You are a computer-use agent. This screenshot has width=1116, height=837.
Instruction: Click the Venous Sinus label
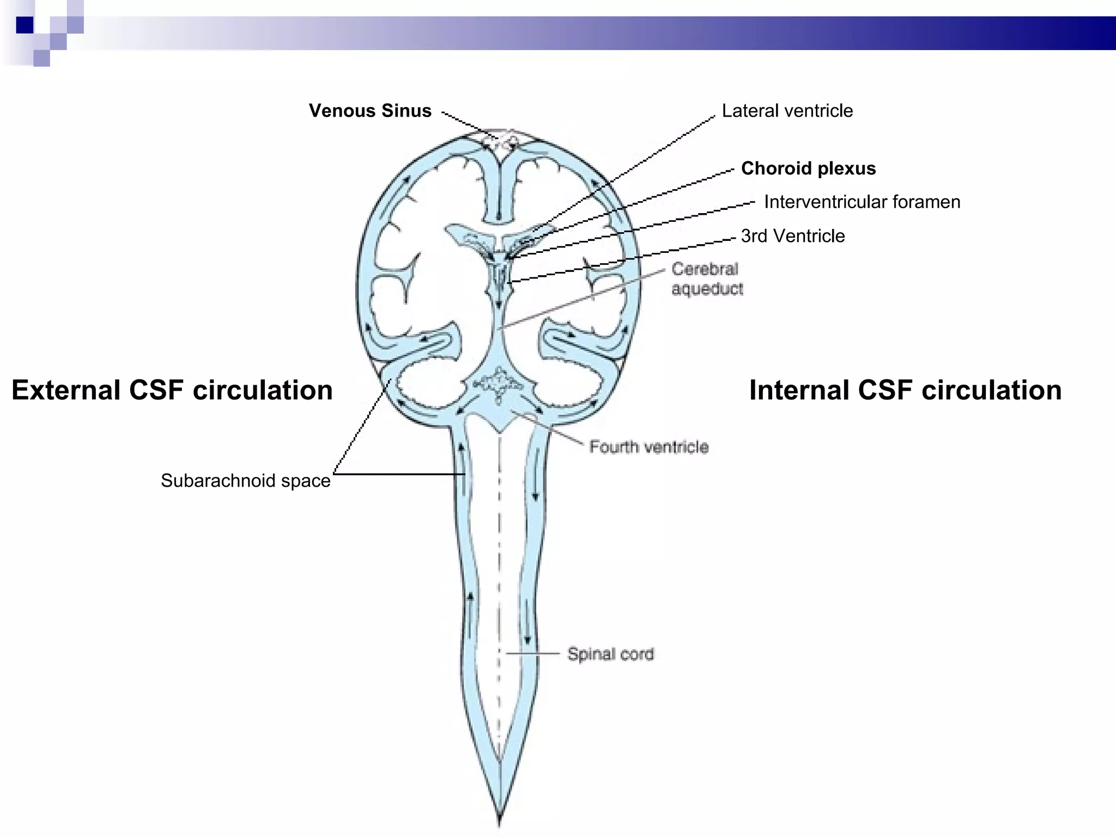point(370,111)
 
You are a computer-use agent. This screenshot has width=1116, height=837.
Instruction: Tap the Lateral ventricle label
point(787,111)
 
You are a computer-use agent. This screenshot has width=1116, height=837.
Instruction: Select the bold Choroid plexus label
point(808,168)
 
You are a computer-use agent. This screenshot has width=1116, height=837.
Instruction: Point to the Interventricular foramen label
point(862,202)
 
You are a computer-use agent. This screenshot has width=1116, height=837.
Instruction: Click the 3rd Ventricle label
point(792,236)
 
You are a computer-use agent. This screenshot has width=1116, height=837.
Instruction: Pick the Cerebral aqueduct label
point(706,278)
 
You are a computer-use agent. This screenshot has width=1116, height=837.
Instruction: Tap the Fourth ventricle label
point(648,447)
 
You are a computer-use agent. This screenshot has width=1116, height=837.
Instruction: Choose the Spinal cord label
point(610,653)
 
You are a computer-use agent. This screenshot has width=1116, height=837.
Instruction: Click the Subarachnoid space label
point(245,481)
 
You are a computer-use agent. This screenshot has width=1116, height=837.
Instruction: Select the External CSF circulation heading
point(172,390)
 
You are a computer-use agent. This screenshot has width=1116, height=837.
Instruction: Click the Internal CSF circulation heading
point(905,390)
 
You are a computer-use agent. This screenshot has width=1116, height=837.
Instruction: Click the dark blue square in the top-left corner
point(25,25)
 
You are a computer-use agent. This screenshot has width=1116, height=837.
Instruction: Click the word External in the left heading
point(66,390)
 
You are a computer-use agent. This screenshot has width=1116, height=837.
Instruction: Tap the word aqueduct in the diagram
point(707,289)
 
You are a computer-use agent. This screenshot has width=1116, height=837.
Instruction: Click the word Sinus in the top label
point(406,111)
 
